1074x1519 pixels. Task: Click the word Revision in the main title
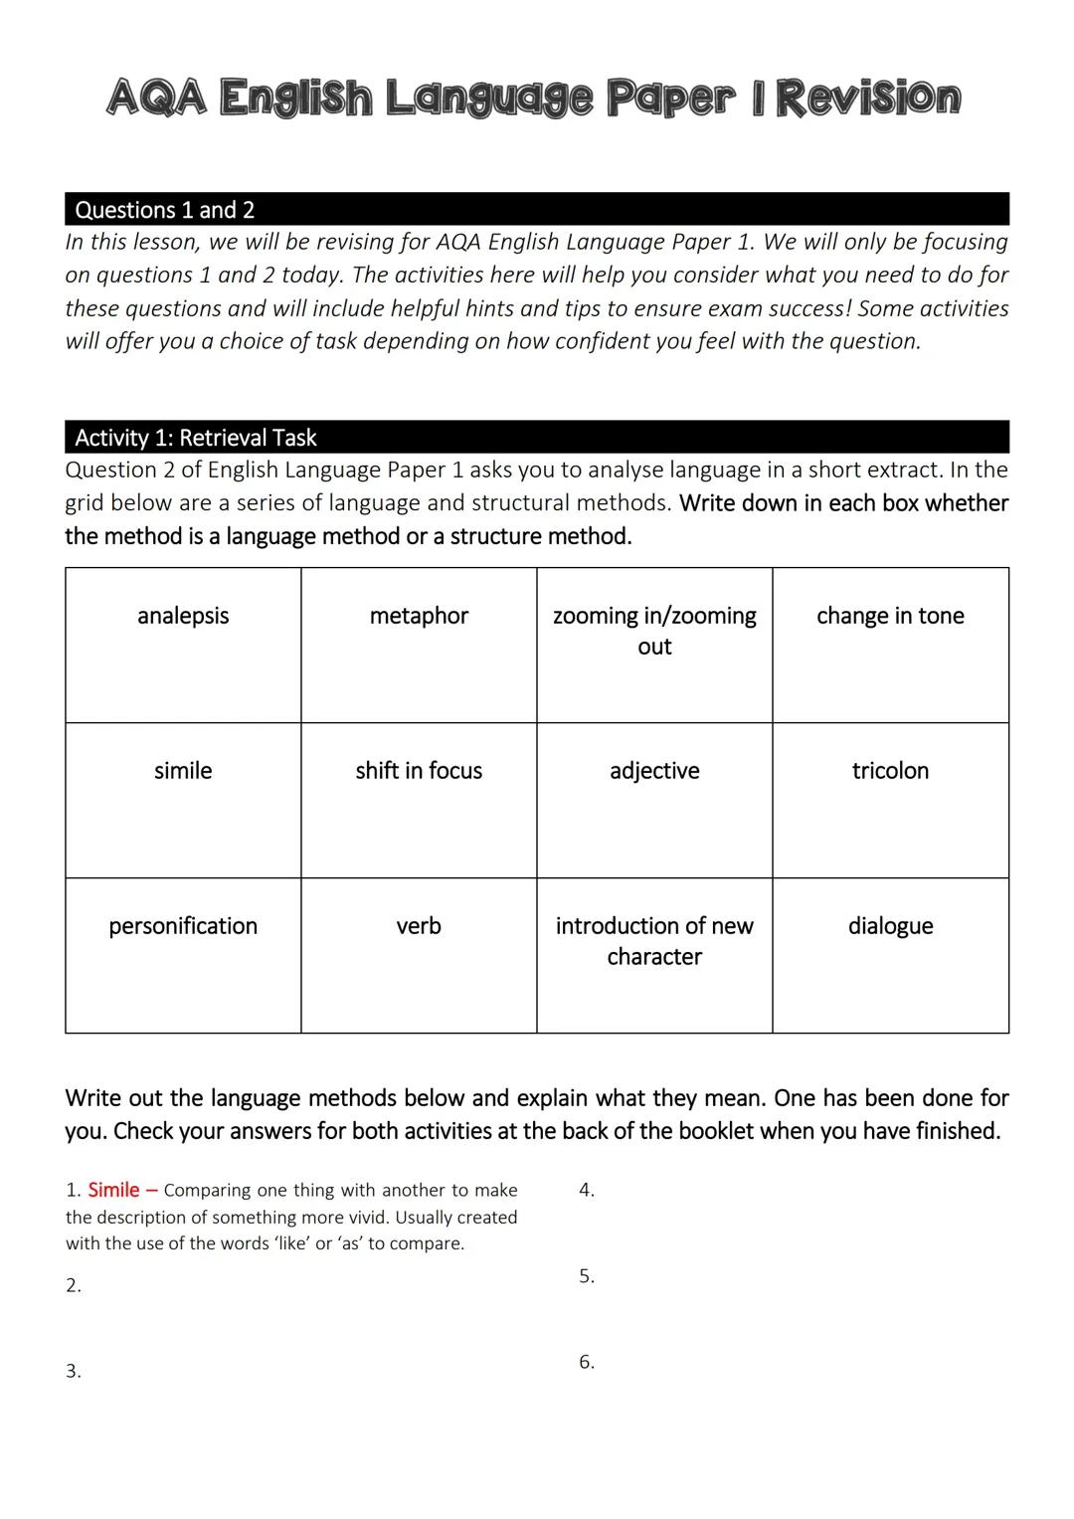[x=867, y=98]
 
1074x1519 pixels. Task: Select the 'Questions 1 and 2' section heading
[x=165, y=210]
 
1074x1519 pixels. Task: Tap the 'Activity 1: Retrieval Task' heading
[x=196, y=438]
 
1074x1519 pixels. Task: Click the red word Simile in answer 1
[x=113, y=1190]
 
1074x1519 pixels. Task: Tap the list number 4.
[x=587, y=1190]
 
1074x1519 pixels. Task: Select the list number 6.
[x=587, y=1362]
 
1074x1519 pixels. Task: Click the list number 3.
[x=74, y=1372]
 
